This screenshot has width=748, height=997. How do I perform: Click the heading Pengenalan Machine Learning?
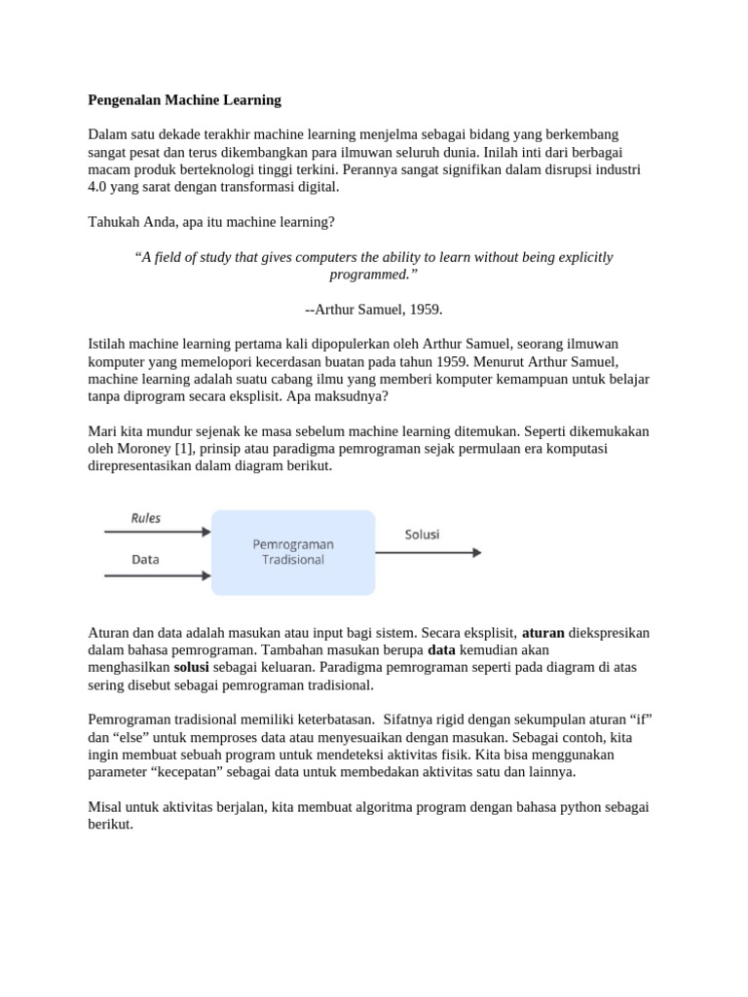tap(184, 99)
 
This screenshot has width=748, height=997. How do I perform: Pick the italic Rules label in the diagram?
tap(146, 518)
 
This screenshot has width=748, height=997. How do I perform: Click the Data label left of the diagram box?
tap(146, 560)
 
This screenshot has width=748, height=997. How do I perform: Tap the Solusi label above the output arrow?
tap(422, 535)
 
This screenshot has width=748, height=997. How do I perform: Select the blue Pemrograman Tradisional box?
tap(293, 552)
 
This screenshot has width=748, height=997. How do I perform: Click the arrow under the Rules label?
tap(156, 532)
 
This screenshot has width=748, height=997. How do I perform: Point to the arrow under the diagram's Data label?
tap(156, 575)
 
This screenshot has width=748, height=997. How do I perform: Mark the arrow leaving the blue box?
tap(428, 552)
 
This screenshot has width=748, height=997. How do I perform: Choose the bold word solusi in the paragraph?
tap(192, 668)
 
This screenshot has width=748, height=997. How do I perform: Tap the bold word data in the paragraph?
tap(442, 650)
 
